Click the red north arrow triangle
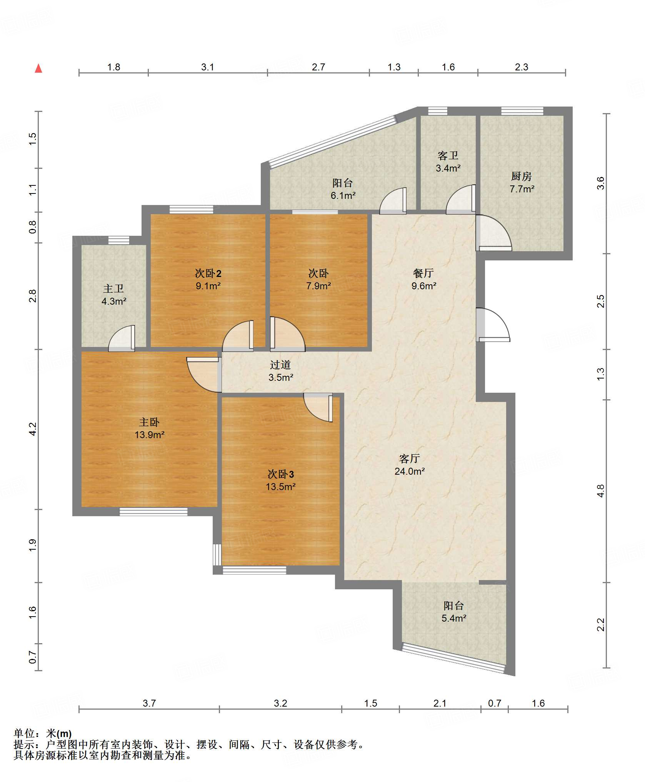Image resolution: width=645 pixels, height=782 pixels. pos(38,68)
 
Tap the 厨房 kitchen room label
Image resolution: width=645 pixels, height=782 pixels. pos(522,182)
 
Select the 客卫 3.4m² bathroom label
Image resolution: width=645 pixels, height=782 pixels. pos(448,162)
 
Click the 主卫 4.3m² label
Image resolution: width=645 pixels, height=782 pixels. pos(114,295)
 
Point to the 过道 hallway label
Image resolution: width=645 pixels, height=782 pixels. pos(280,371)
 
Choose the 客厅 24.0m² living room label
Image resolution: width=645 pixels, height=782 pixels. pos(410,465)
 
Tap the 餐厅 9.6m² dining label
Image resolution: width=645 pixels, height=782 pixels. pos(424,279)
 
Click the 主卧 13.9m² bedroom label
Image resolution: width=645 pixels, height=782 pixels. pos(150,429)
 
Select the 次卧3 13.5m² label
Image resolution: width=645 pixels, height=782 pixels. pos(281,480)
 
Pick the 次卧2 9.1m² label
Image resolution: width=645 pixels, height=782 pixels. pos(208,279)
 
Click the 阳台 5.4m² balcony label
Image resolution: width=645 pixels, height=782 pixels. pos(454,612)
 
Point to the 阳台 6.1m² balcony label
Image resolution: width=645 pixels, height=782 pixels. pos(343,189)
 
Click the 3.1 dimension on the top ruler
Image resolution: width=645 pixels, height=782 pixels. pos(208,67)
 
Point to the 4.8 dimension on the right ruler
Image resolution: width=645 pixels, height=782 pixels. pos(601,491)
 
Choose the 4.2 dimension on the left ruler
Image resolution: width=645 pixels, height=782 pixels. pos(33,429)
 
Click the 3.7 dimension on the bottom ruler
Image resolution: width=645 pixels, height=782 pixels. pos(149,703)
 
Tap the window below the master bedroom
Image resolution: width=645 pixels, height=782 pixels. pos(153,512)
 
